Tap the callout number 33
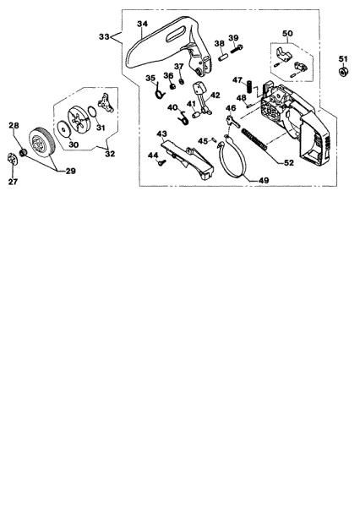[105, 37]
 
